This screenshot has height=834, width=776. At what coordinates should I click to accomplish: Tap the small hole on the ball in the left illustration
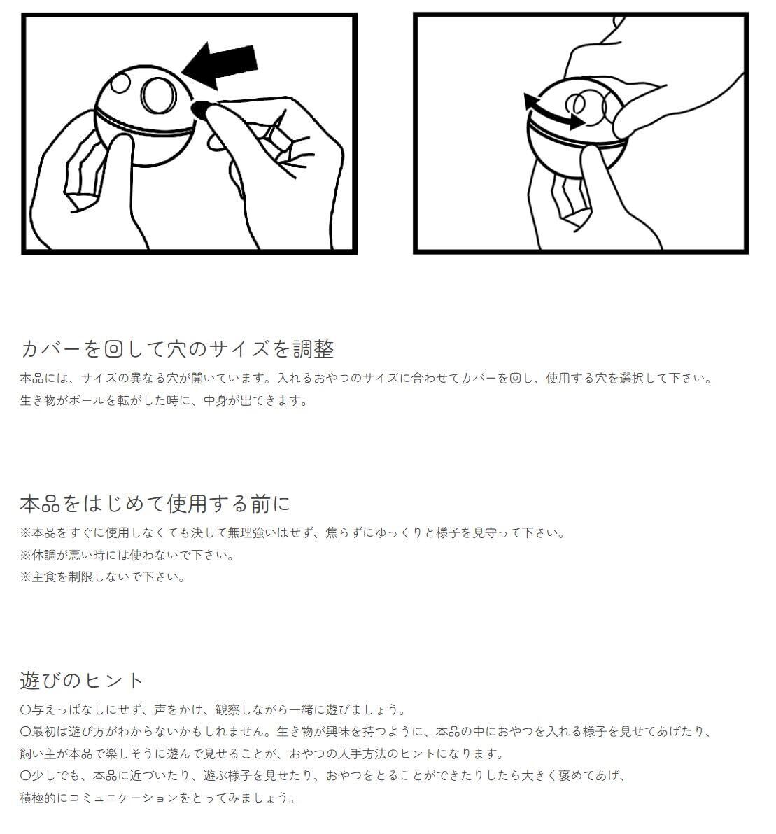[120, 83]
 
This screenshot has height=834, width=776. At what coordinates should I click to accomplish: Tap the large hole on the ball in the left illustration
[159, 95]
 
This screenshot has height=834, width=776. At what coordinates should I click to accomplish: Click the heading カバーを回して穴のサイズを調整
[177, 349]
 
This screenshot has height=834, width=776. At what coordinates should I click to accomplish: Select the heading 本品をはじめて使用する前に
[155, 503]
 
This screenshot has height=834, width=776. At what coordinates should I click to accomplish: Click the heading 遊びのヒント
[82, 680]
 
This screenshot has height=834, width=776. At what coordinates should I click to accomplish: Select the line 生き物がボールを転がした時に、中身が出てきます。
[164, 400]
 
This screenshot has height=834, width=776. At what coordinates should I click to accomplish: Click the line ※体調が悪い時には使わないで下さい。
[127, 555]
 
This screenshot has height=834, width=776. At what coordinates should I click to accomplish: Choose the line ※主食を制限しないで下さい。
[102, 577]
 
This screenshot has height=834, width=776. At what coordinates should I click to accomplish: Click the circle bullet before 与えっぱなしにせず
[25, 709]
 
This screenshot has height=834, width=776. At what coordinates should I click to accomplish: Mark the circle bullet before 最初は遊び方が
[25, 731]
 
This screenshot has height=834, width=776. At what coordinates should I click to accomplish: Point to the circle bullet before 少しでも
[25, 775]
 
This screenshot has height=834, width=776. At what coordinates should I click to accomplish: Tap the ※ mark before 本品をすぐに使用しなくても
[25, 533]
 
